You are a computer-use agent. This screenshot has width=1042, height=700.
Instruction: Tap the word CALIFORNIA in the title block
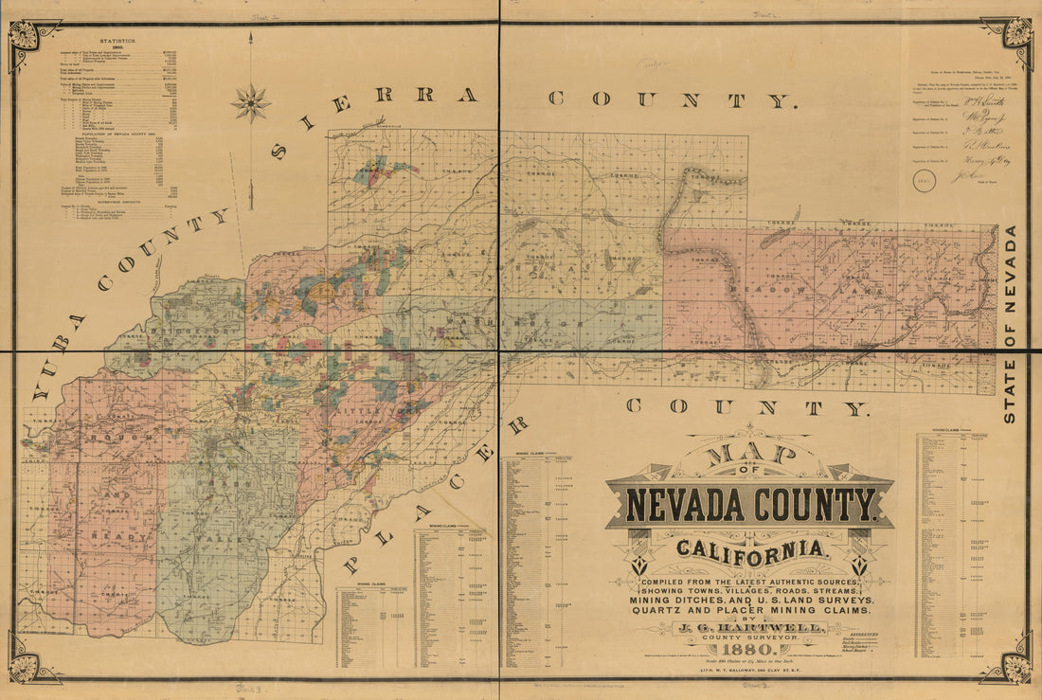click(749, 547)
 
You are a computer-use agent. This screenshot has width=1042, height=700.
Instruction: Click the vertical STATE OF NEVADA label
click(1010, 323)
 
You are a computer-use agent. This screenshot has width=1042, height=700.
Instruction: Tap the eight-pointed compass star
click(251, 102)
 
